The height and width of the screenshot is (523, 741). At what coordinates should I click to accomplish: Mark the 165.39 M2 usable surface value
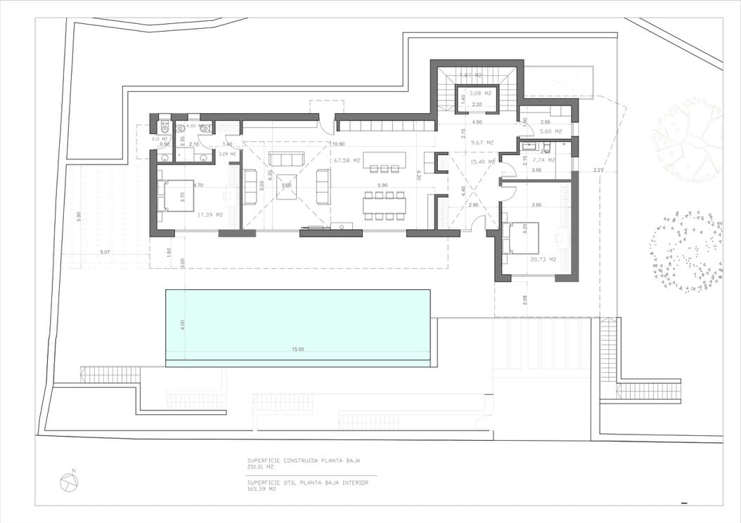[261, 489]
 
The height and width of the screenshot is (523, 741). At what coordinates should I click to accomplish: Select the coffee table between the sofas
[287, 186]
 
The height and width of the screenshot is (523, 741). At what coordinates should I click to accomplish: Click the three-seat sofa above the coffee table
[286, 159]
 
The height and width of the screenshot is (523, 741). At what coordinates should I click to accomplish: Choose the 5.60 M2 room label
[551, 131]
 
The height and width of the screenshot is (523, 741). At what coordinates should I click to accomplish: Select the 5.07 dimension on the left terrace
[105, 251]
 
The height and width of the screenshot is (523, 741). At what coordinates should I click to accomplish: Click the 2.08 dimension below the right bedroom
[524, 300]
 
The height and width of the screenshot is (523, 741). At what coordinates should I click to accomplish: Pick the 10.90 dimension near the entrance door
[338, 144]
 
